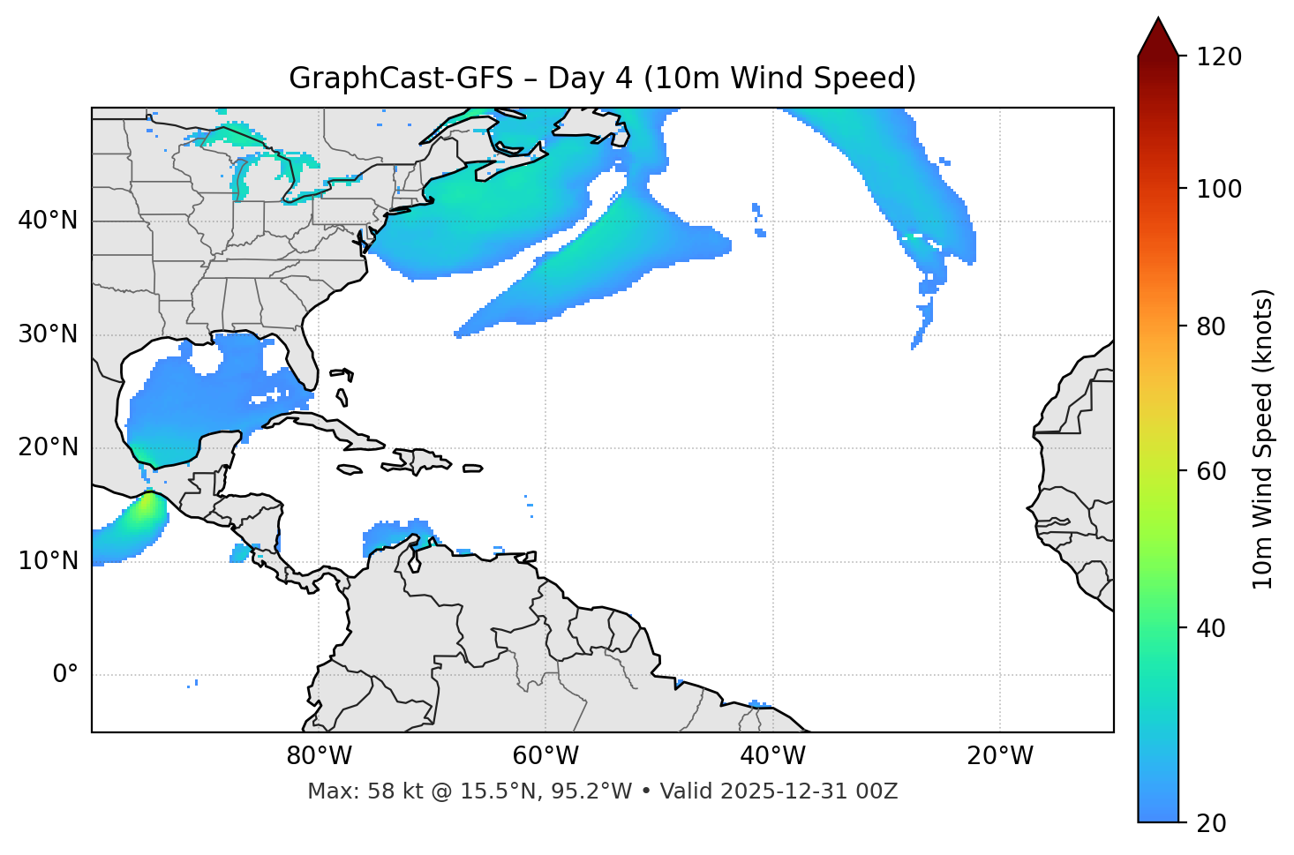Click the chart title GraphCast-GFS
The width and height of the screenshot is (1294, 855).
pyautogui.click(x=401, y=79)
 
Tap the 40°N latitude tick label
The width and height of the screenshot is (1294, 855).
pyautogui.click(x=48, y=221)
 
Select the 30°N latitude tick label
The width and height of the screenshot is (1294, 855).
pyautogui.click(x=48, y=334)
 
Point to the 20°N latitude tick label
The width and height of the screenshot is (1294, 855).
pyautogui.click(x=48, y=447)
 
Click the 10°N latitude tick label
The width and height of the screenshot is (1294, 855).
pyautogui.click(x=48, y=561)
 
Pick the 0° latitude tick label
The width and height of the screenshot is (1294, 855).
pyautogui.click(x=65, y=675)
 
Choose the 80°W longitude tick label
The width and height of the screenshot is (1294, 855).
pyautogui.click(x=319, y=756)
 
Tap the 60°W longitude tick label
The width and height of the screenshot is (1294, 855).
pyautogui.click(x=545, y=756)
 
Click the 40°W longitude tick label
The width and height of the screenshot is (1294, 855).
pyautogui.click(x=772, y=756)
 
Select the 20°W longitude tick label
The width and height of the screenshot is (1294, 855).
pyautogui.click(x=999, y=756)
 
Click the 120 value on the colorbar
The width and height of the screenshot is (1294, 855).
pyautogui.click(x=1219, y=57)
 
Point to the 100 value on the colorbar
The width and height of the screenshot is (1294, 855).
pyautogui.click(x=1219, y=189)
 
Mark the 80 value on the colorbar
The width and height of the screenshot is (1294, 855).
pyautogui.click(x=1210, y=326)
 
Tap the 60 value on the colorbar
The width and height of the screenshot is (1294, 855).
pyautogui.click(x=1210, y=471)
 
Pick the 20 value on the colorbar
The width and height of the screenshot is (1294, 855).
pyautogui.click(x=1210, y=823)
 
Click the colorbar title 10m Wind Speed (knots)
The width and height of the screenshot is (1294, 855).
pyautogui.click(x=1263, y=439)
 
